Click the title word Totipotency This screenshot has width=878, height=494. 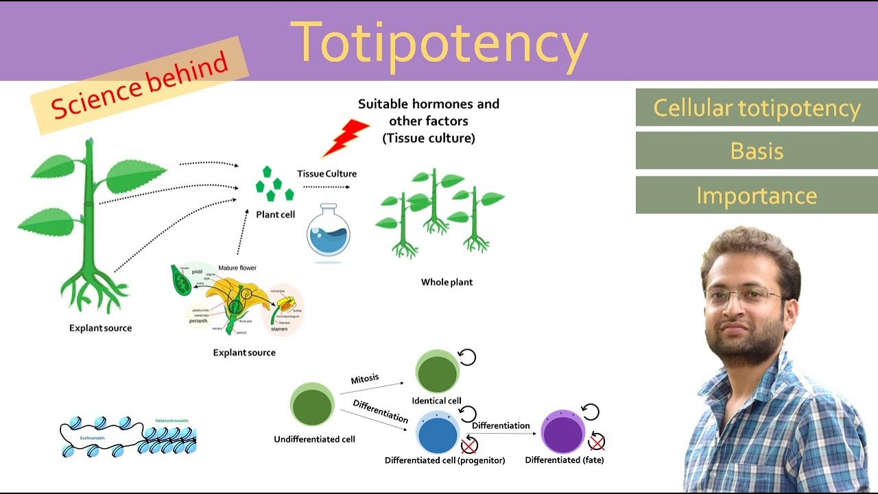439,43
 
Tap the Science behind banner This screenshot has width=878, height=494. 139,85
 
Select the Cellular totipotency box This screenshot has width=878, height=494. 757,108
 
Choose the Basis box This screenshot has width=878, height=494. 757,151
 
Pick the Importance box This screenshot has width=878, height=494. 757,196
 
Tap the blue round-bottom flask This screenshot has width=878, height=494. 328,233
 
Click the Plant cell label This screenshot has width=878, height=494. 275,215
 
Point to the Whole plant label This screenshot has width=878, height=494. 447,282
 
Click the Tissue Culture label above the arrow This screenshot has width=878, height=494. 327,174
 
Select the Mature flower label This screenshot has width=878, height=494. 237,268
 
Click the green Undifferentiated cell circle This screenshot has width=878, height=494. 312,405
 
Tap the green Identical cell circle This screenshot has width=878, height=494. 437,373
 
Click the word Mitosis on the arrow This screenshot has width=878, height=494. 364,379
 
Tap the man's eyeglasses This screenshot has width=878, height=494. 744,297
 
